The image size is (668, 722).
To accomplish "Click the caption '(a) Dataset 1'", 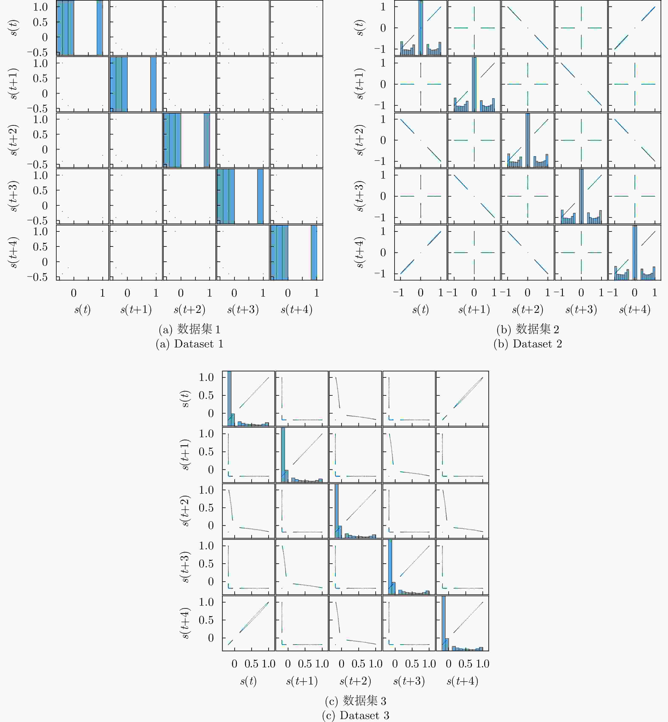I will tap(189, 344).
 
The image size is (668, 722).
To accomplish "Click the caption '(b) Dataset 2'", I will tap(528, 344).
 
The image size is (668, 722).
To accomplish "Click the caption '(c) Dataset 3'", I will tap(355, 715).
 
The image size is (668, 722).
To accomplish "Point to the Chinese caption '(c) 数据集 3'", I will tap(355, 701).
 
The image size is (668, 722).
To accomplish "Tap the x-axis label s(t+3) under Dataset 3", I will tap(409, 681).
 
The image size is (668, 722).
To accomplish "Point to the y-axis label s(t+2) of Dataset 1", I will tap(13, 140).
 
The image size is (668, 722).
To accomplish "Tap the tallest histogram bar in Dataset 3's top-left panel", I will tap(229, 397).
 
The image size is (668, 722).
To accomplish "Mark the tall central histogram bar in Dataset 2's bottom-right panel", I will tap(635, 253).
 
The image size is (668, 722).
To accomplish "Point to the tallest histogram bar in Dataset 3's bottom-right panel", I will tap(443, 623).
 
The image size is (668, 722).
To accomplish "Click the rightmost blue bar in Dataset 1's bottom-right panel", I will tap(314, 253).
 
